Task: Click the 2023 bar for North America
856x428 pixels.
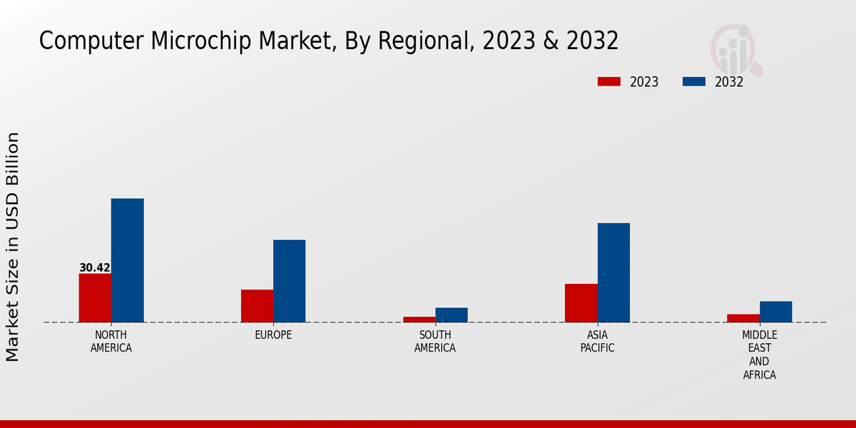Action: click(95, 297)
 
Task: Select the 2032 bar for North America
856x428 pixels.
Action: click(127, 260)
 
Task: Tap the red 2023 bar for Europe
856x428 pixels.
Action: click(257, 305)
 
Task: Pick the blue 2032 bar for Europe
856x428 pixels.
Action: click(289, 281)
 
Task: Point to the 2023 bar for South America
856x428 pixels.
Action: click(419, 319)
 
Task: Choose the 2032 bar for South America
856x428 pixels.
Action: click(452, 315)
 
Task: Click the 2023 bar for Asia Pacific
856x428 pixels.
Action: click(581, 302)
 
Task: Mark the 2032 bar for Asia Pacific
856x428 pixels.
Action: click(613, 272)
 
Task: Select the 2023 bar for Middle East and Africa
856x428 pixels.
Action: click(743, 318)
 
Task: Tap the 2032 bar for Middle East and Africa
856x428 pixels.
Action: click(775, 312)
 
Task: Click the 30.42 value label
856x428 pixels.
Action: click(94, 268)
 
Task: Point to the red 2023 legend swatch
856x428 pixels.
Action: click(608, 81)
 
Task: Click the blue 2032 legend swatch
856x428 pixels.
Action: click(693, 81)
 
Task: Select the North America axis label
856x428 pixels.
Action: click(111, 342)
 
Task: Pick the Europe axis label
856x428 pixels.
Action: click(273, 335)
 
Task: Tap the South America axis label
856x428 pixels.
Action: click(435, 342)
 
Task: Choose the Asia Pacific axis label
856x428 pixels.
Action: click(597, 342)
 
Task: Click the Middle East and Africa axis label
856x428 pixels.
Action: click(760, 355)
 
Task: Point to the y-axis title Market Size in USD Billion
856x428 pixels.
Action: click(13, 246)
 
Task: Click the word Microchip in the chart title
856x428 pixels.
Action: click(195, 41)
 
